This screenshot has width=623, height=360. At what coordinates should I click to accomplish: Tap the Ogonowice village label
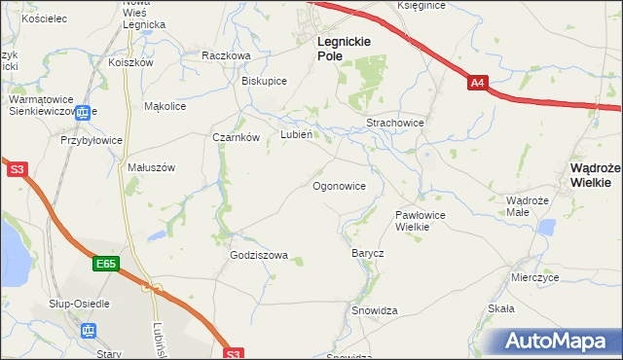(x=339, y=185)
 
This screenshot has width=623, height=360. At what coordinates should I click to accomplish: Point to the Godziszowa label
(x=259, y=256)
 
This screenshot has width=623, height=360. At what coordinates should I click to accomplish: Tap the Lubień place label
(x=296, y=135)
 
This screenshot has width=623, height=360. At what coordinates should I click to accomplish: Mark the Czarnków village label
(x=236, y=137)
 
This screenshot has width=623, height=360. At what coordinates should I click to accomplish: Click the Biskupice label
(x=264, y=81)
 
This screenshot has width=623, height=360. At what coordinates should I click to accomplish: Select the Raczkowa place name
(x=226, y=55)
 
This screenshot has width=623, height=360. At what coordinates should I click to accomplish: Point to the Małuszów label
(x=151, y=167)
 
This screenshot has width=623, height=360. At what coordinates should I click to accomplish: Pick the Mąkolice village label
(x=165, y=106)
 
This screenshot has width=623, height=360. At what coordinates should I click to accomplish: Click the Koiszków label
(x=132, y=62)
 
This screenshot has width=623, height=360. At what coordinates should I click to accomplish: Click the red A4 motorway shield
(x=477, y=84)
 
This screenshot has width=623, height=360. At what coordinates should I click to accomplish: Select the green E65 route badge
(x=107, y=263)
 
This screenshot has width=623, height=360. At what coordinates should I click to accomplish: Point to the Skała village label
(x=500, y=308)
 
